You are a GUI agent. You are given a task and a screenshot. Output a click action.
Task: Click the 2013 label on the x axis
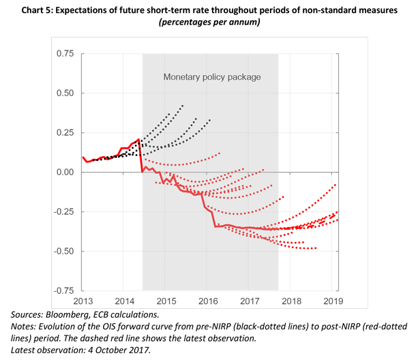tap(83, 300)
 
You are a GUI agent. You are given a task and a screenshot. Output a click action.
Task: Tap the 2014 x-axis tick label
tap(124, 300)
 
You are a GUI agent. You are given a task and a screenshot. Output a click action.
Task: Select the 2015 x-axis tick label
tap(166, 300)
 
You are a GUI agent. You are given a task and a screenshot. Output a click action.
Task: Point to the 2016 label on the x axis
tap(207, 300)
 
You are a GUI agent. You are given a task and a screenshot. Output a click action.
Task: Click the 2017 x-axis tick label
tap(250, 300)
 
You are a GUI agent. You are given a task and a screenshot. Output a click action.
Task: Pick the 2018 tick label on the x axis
tap(291, 300)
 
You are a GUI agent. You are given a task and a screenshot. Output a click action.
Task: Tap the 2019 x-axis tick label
tap(332, 300)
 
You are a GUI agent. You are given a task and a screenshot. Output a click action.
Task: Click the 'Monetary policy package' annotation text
tap(211, 77)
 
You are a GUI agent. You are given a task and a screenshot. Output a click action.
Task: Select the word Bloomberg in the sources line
tap(70, 315)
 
